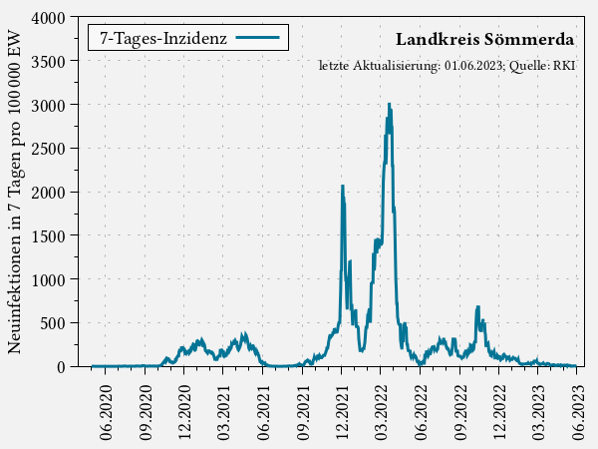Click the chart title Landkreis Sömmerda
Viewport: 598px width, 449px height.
[x=484, y=40]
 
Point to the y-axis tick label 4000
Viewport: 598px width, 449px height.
[x=47, y=18]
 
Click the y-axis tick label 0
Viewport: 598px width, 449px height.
[x=60, y=366]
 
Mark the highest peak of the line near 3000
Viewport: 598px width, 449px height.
[x=389, y=104]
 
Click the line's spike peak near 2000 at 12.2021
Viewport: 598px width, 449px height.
[x=342, y=186]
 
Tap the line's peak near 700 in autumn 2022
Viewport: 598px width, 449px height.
[x=477, y=307]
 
